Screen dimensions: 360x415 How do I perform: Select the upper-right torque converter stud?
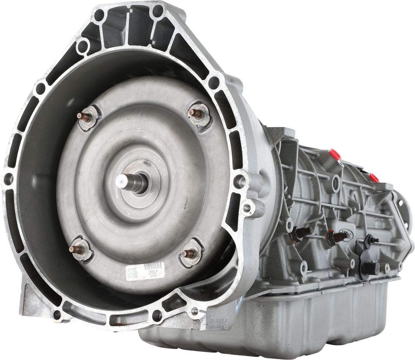click(197, 114)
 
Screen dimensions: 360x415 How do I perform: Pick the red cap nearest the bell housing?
click(335, 154)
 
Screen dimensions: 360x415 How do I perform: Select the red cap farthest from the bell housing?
click(374, 177)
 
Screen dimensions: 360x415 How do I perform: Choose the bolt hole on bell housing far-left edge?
click(9, 178)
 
